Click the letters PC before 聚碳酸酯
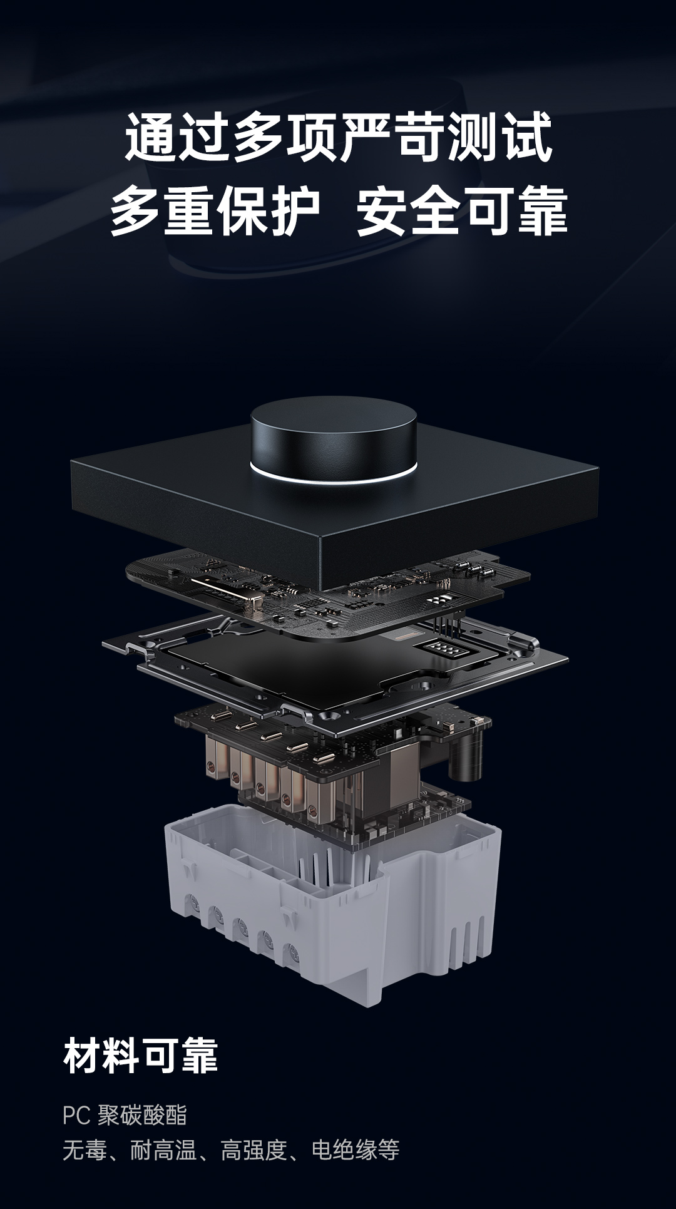77,1115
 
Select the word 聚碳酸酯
142,1115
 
